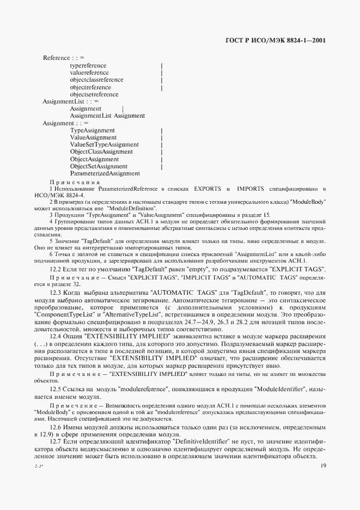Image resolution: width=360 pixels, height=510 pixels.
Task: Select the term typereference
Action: [x=89, y=65]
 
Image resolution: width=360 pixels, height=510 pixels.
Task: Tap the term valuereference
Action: [x=89, y=72]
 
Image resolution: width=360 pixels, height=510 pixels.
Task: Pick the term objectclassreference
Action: [x=97, y=80]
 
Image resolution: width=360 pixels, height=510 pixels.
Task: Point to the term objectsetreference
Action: [x=94, y=94]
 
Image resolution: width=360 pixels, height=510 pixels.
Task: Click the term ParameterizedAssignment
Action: [x=105, y=173]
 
